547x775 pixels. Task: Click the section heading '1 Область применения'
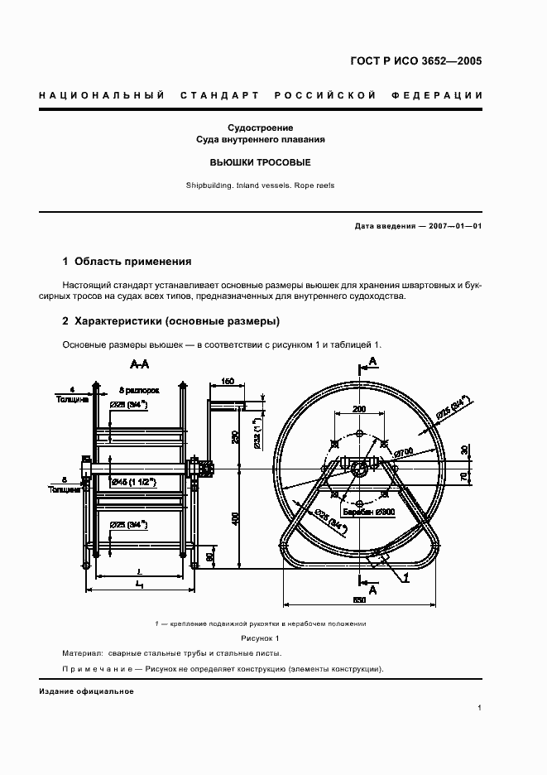127,261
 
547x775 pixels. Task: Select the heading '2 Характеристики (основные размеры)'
170,320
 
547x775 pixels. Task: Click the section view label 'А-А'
140,363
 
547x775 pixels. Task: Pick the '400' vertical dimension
235,518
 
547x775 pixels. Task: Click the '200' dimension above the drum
359,409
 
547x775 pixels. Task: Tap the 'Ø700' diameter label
404,453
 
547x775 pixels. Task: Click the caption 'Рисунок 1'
261,639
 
